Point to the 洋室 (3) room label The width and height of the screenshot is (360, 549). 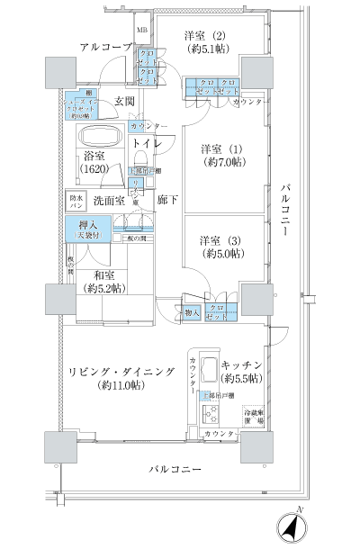coord(217,247)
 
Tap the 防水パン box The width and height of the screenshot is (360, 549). coord(76,201)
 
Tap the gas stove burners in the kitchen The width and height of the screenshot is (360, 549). coord(210,416)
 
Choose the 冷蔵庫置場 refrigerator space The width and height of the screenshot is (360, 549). coord(254,417)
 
